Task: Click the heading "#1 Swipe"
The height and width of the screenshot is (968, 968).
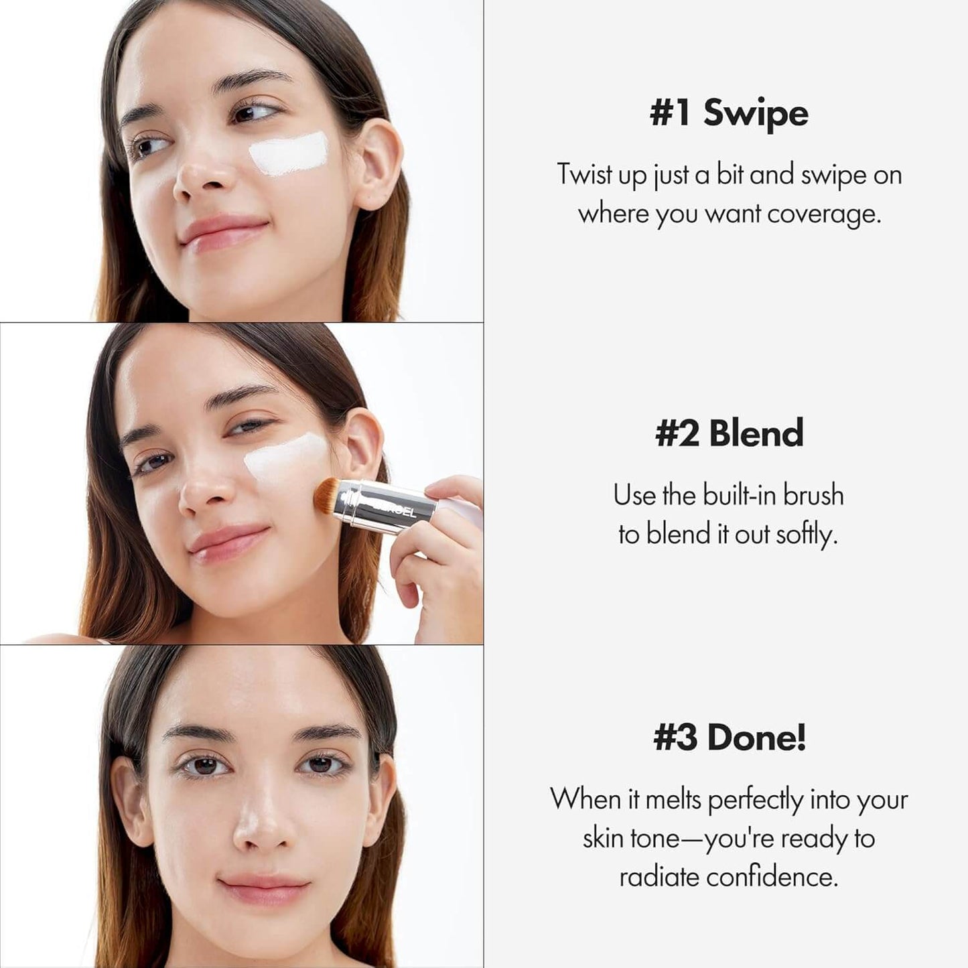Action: (729, 113)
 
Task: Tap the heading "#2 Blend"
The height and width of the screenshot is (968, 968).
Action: (729, 433)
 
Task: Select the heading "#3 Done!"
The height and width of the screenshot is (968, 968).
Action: (729, 738)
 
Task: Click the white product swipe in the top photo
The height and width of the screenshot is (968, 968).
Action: (289, 153)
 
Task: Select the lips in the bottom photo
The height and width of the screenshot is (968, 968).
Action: (264, 889)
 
